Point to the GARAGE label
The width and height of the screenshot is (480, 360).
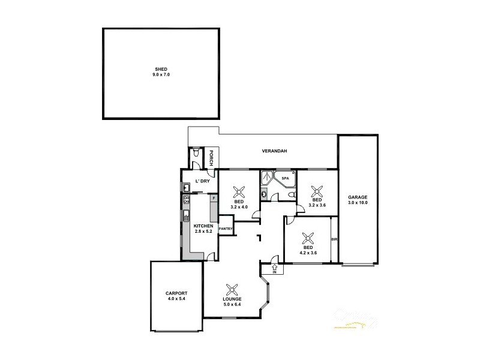(x=358, y=197)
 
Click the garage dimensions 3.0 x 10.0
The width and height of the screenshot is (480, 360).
(x=358, y=203)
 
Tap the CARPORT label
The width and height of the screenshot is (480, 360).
(x=176, y=293)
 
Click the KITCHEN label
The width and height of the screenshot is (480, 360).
(x=203, y=226)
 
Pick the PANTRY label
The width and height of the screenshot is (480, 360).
(x=226, y=229)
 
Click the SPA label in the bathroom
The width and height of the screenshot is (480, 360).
(x=286, y=178)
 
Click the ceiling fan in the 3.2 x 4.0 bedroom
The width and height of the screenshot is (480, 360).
(x=239, y=192)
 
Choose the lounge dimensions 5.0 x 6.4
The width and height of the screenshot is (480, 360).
(x=232, y=304)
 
